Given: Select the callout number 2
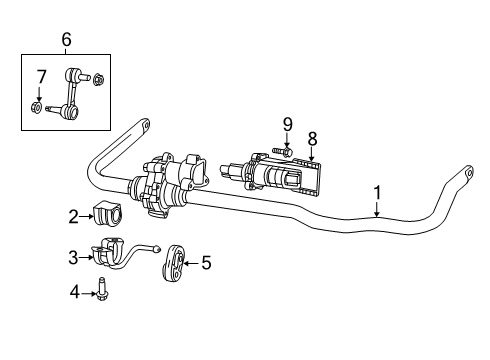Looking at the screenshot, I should [73, 215].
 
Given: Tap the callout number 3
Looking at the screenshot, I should [73, 257].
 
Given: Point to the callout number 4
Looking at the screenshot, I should [73, 292].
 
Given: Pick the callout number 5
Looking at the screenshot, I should [206, 263].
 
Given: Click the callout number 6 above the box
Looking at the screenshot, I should [66, 39].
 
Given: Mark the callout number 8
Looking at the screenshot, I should [312, 139].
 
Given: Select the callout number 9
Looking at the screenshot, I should [287, 124].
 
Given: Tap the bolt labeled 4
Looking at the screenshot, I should [104, 292].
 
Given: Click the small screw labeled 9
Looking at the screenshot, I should [279, 151].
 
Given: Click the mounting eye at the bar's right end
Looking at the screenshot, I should [466, 176].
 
